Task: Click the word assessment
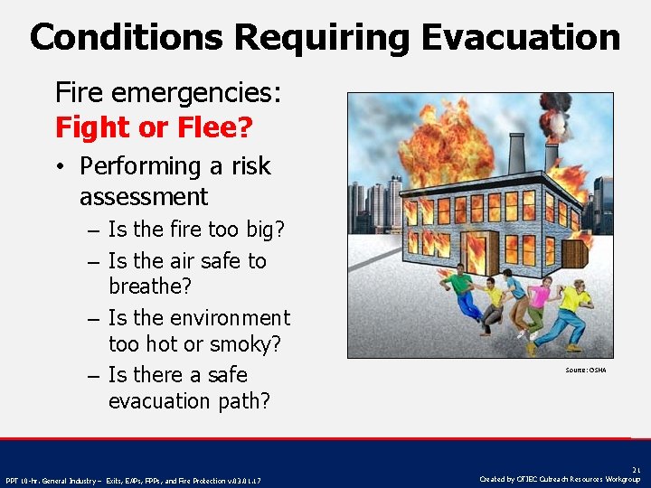(144, 197)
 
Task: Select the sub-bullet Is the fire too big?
(196, 230)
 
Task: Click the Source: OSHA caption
(586, 370)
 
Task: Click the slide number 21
(636, 469)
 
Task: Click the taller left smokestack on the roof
(517, 154)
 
